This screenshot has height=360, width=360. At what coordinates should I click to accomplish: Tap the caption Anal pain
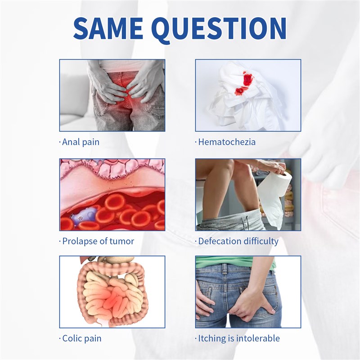pos(81,142)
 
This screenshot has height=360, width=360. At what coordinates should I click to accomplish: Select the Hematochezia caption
pos(227,142)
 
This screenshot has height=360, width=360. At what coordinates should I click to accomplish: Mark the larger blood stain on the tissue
pos(247,80)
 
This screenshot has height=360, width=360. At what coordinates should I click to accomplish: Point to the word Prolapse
pos(78,241)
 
